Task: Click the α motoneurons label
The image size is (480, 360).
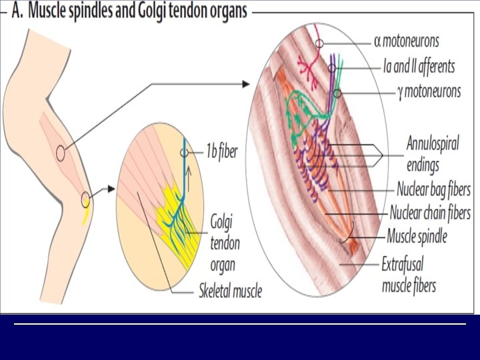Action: point(407,41)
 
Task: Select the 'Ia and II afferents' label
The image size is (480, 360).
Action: point(419,66)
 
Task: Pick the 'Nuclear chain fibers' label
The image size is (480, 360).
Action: point(430,213)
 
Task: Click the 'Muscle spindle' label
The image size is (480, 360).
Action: point(417,236)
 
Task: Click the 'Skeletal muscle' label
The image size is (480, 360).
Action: point(230,291)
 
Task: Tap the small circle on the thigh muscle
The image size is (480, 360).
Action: point(61,153)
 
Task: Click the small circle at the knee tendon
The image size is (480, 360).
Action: point(85,198)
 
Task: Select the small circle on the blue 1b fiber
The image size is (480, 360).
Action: point(184,153)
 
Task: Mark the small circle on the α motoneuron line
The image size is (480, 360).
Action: point(320,43)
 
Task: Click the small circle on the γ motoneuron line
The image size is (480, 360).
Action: point(337,93)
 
